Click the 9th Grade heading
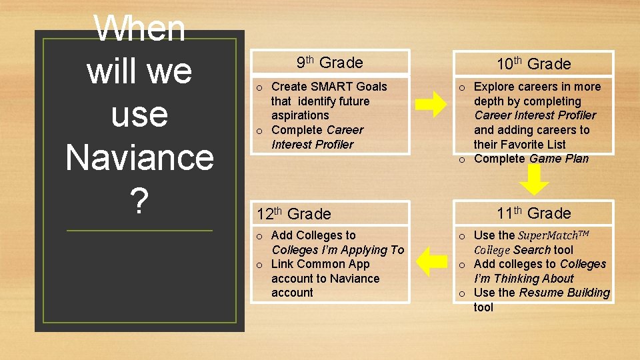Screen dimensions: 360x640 point(329,63)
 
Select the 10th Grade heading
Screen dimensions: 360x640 point(533,64)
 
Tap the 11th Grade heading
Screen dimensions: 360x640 point(533,213)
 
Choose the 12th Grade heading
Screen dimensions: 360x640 point(293,214)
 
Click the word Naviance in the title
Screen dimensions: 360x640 point(139,157)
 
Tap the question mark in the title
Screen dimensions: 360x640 point(139,201)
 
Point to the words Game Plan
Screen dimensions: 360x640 point(559,159)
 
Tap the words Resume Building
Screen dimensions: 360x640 point(564,293)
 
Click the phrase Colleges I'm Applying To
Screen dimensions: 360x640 point(337,250)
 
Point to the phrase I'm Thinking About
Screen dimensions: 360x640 point(523,279)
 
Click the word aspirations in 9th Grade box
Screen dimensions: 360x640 point(300,115)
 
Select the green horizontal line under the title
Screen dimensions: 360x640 point(139,231)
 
